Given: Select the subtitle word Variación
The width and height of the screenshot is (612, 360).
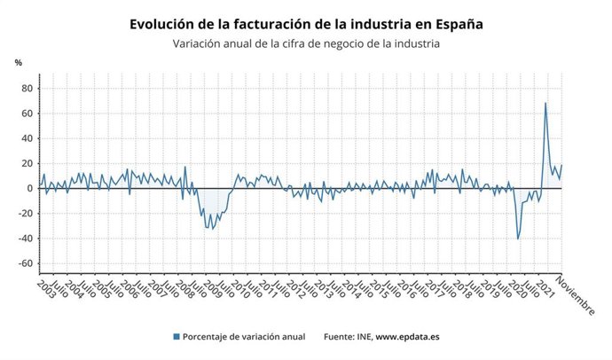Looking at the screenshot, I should [x=200, y=43].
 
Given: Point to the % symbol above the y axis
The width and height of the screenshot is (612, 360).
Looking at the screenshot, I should [x=19, y=63].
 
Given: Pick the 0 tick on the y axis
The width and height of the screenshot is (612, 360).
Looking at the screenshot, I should [x=29, y=189].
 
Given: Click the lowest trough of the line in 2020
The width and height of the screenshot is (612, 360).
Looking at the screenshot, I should [x=518, y=239].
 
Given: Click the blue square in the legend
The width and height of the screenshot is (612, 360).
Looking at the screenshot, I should [x=177, y=337].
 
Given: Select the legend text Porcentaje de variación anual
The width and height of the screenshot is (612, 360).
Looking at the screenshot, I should [x=245, y=337].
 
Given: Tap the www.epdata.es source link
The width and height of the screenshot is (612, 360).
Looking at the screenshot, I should [x=412, y=337].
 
